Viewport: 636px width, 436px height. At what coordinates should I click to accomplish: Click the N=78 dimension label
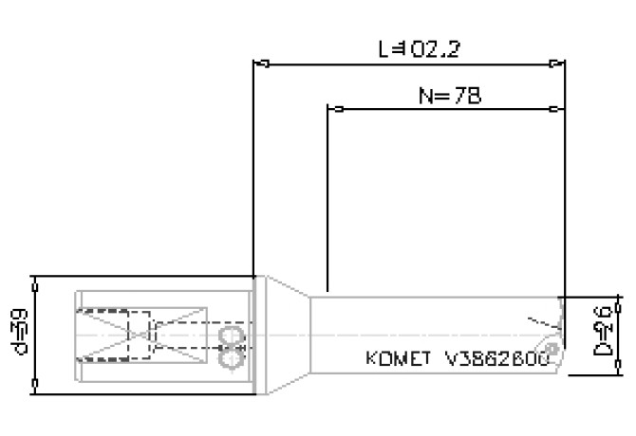pyautogui.click(x=449, y=96)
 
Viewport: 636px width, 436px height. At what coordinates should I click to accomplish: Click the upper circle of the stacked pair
pyautogui.click(x=231, y=337)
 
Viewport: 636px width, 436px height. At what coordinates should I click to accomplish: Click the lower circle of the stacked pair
pyautogui.click(x=231, y=358)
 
